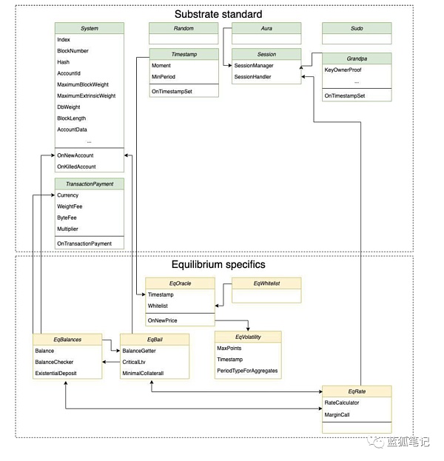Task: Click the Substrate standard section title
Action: pyautogui.click(x=218, y=14)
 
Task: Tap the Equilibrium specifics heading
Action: pyautogui.click(x=218, y=264)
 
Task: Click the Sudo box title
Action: pyautogui.click(x=357, y=28)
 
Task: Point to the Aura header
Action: pyautogui.click(x=266, y=28)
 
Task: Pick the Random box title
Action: pyautogui.click(x=183, y=28)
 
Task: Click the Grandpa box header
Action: pyautogui.click(x=357, y=57)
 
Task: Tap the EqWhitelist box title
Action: pyautogui.click(x=266, y=283)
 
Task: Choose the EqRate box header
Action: pyautogui.click(x=357, y=390)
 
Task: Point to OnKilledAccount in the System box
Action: pyautogui.click(x=77, y=166)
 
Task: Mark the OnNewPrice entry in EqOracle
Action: pyautogui.click(x=164, y=320)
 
